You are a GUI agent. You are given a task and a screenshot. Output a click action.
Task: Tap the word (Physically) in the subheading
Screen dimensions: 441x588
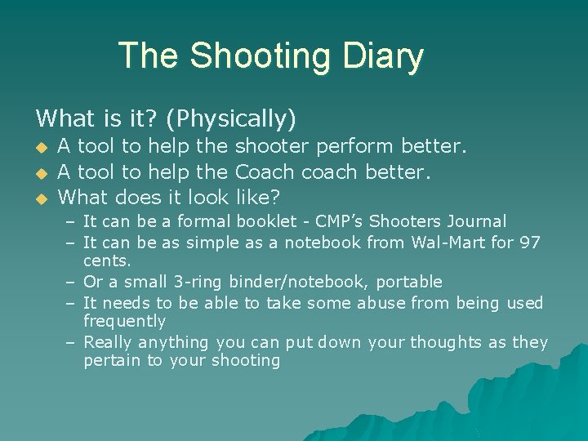230,119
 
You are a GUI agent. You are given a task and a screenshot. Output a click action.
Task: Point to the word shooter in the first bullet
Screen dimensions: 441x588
272,147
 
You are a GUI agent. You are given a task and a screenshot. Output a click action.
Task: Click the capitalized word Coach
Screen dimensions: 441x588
265,172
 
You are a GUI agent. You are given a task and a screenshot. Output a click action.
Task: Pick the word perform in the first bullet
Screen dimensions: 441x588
356,147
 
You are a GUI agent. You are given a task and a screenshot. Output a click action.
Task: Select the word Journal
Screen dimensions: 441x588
479,221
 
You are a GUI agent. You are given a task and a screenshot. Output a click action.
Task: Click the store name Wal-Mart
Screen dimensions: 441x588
447,242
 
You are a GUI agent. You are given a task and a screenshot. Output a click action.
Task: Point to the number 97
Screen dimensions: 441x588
530,242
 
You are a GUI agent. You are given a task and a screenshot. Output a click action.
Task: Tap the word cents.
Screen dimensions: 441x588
106,261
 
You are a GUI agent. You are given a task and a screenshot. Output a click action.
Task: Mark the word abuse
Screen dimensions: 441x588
387,302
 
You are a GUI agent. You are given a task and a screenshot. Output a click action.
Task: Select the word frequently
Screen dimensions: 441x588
124,322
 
